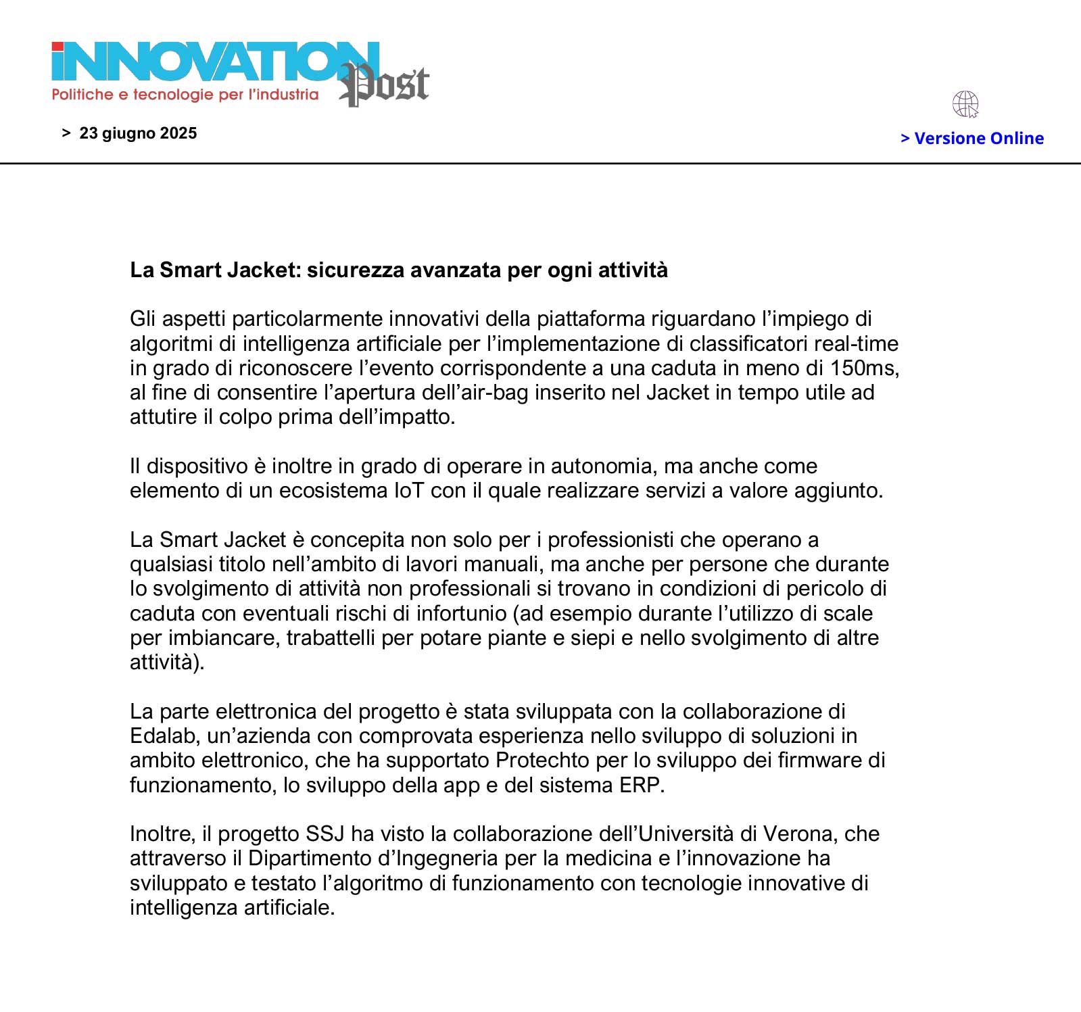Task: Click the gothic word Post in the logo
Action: [x=385, y=85]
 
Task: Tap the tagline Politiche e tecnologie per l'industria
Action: [x=185, y=95]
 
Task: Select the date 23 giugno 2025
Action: [x=138, y=133]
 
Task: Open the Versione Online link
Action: [x=972, y=139]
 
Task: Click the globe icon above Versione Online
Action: [x=965, y=104]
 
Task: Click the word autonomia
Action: [x=602, y=466]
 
